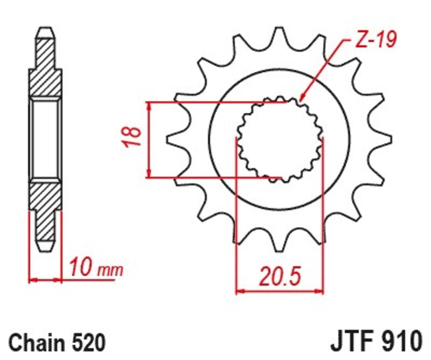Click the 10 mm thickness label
click(x=95, y=267)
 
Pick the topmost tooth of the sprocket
click(x=279, y=35)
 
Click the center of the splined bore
click(x=280, y=139)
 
